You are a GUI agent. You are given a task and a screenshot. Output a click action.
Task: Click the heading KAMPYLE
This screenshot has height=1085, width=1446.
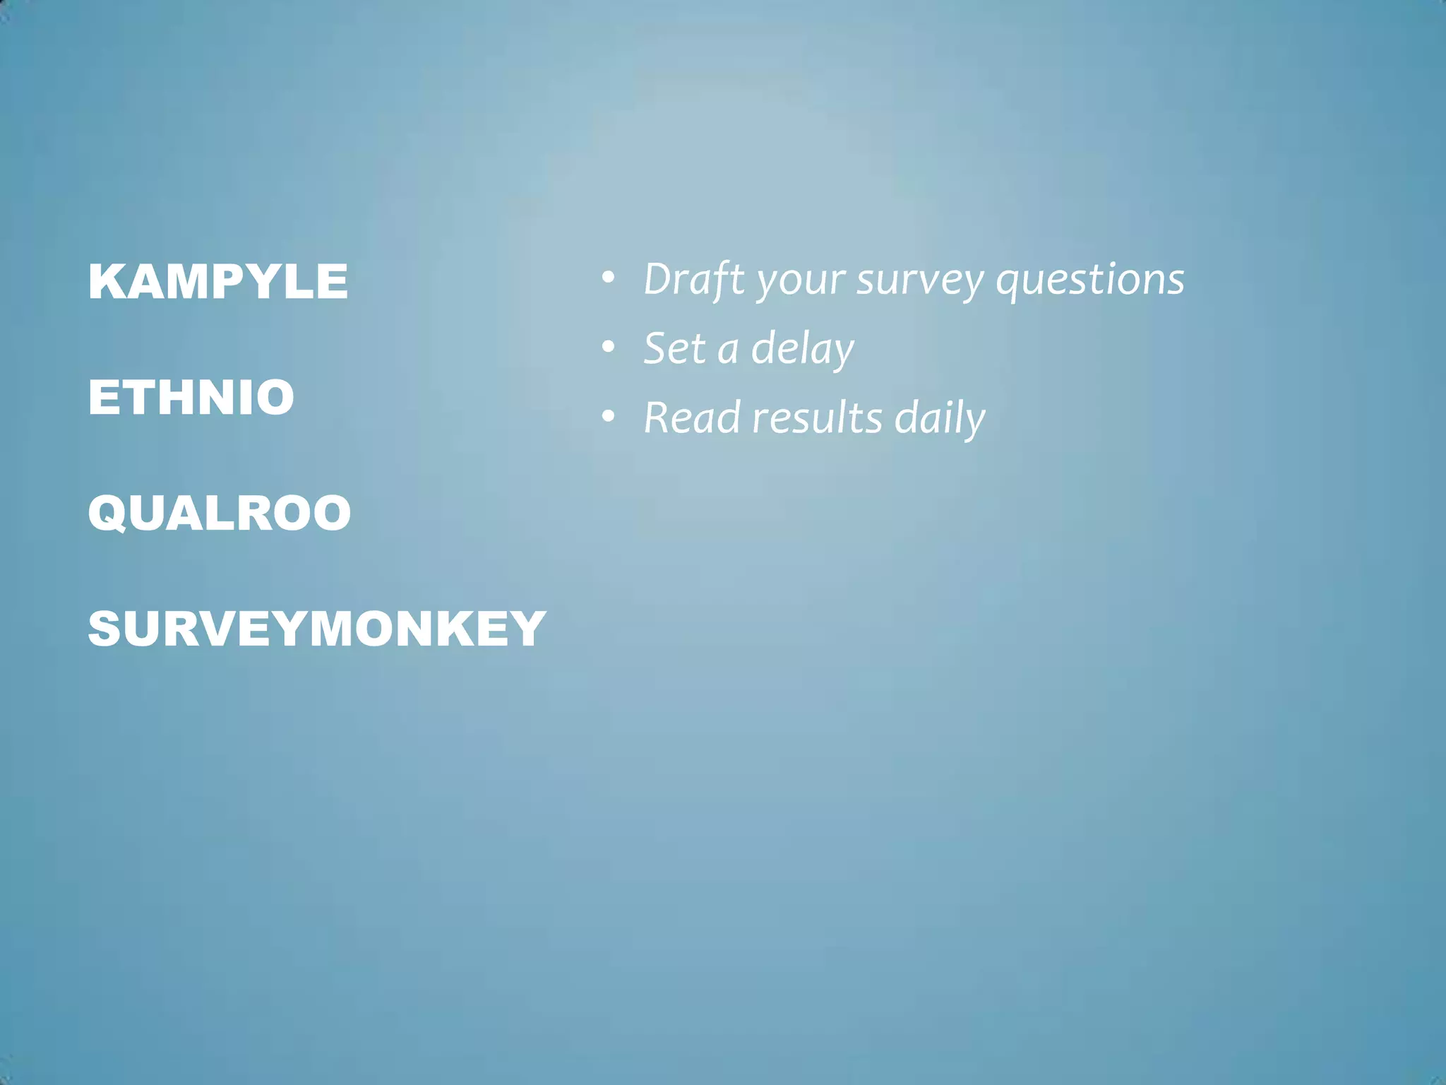coord(218,281)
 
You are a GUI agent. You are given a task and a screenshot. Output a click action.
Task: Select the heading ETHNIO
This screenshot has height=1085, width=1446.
coord(191,397)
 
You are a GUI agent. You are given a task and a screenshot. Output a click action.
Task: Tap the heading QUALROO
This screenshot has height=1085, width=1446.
coord(220,513)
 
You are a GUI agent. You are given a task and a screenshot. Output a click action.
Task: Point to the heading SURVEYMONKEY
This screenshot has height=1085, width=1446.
coord(317,629)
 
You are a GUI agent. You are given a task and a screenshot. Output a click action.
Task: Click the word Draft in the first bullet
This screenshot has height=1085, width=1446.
coord(694,279)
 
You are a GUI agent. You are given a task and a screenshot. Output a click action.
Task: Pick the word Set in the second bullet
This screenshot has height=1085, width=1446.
coord(674,348)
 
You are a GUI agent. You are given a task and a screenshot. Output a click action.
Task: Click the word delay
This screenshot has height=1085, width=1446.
coord(802,349)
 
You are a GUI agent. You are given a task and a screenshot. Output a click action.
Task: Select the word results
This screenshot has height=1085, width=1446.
coord(817,417)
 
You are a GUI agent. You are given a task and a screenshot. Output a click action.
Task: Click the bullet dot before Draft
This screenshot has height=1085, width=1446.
coord(608,279)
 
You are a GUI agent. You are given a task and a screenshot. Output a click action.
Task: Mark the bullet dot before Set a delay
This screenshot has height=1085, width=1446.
coord(608,348)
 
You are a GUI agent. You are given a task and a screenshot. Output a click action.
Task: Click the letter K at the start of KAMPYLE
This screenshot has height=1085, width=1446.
coord(107,281)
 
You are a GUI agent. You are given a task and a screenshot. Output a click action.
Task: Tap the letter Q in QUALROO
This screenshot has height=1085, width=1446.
coord(109,514)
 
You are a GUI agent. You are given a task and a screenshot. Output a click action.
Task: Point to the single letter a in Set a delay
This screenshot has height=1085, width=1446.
coord(728,351)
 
